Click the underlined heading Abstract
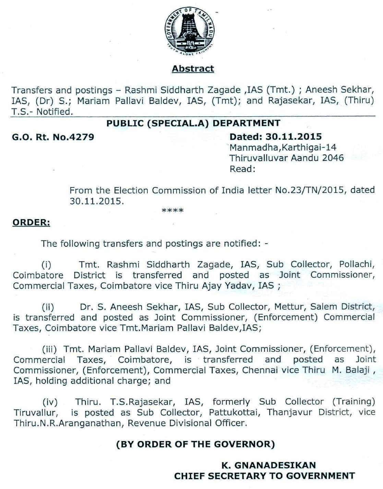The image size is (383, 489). pyautogui.click(x=193, y=69)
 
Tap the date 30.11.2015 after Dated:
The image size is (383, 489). pyautogui.click(x=294, y=137)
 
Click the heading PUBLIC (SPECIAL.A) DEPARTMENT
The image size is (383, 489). pyautogui.click(x=193, y=123)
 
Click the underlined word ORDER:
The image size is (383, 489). pyautogui.click(x=31, y=222)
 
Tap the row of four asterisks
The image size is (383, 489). pyautogui.click(x=172, y=210)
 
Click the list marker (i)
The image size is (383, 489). pyautogui.click(x=46, y=265)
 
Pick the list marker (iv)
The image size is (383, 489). pyautogui.click(x=50, y=402)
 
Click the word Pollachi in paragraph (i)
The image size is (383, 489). pyautogui.click(x=355, y=264)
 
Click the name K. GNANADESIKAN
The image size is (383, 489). pyautogui.click(x=269, y=465)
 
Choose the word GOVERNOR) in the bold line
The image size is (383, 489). pyautogui.click(x=244, y=444)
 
